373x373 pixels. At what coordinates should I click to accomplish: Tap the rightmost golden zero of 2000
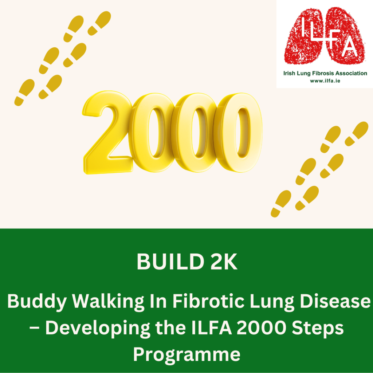(239, 132)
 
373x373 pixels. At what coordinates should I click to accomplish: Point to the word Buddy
(37, 301)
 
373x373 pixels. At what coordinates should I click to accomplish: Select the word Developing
(98, 329)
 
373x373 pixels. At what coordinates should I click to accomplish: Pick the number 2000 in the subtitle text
(261, 328)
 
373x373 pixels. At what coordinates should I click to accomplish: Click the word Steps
(318, 329)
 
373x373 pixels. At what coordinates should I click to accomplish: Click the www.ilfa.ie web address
(325, 81)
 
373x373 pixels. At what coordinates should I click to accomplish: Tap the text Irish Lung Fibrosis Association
(325, 73)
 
